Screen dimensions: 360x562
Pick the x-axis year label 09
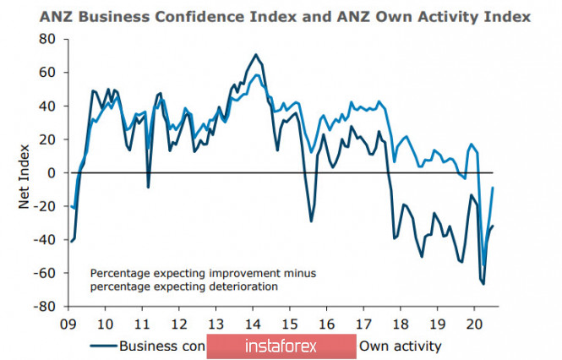click(68, 324)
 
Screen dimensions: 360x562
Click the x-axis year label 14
click(253, 324)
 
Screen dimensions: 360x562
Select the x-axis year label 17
click(363, 324)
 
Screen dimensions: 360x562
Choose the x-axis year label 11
click(142, 324)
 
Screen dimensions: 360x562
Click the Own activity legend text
click(401, 346)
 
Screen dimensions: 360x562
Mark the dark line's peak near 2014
click(255, 55)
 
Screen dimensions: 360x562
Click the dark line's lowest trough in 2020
click(483, 283)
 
